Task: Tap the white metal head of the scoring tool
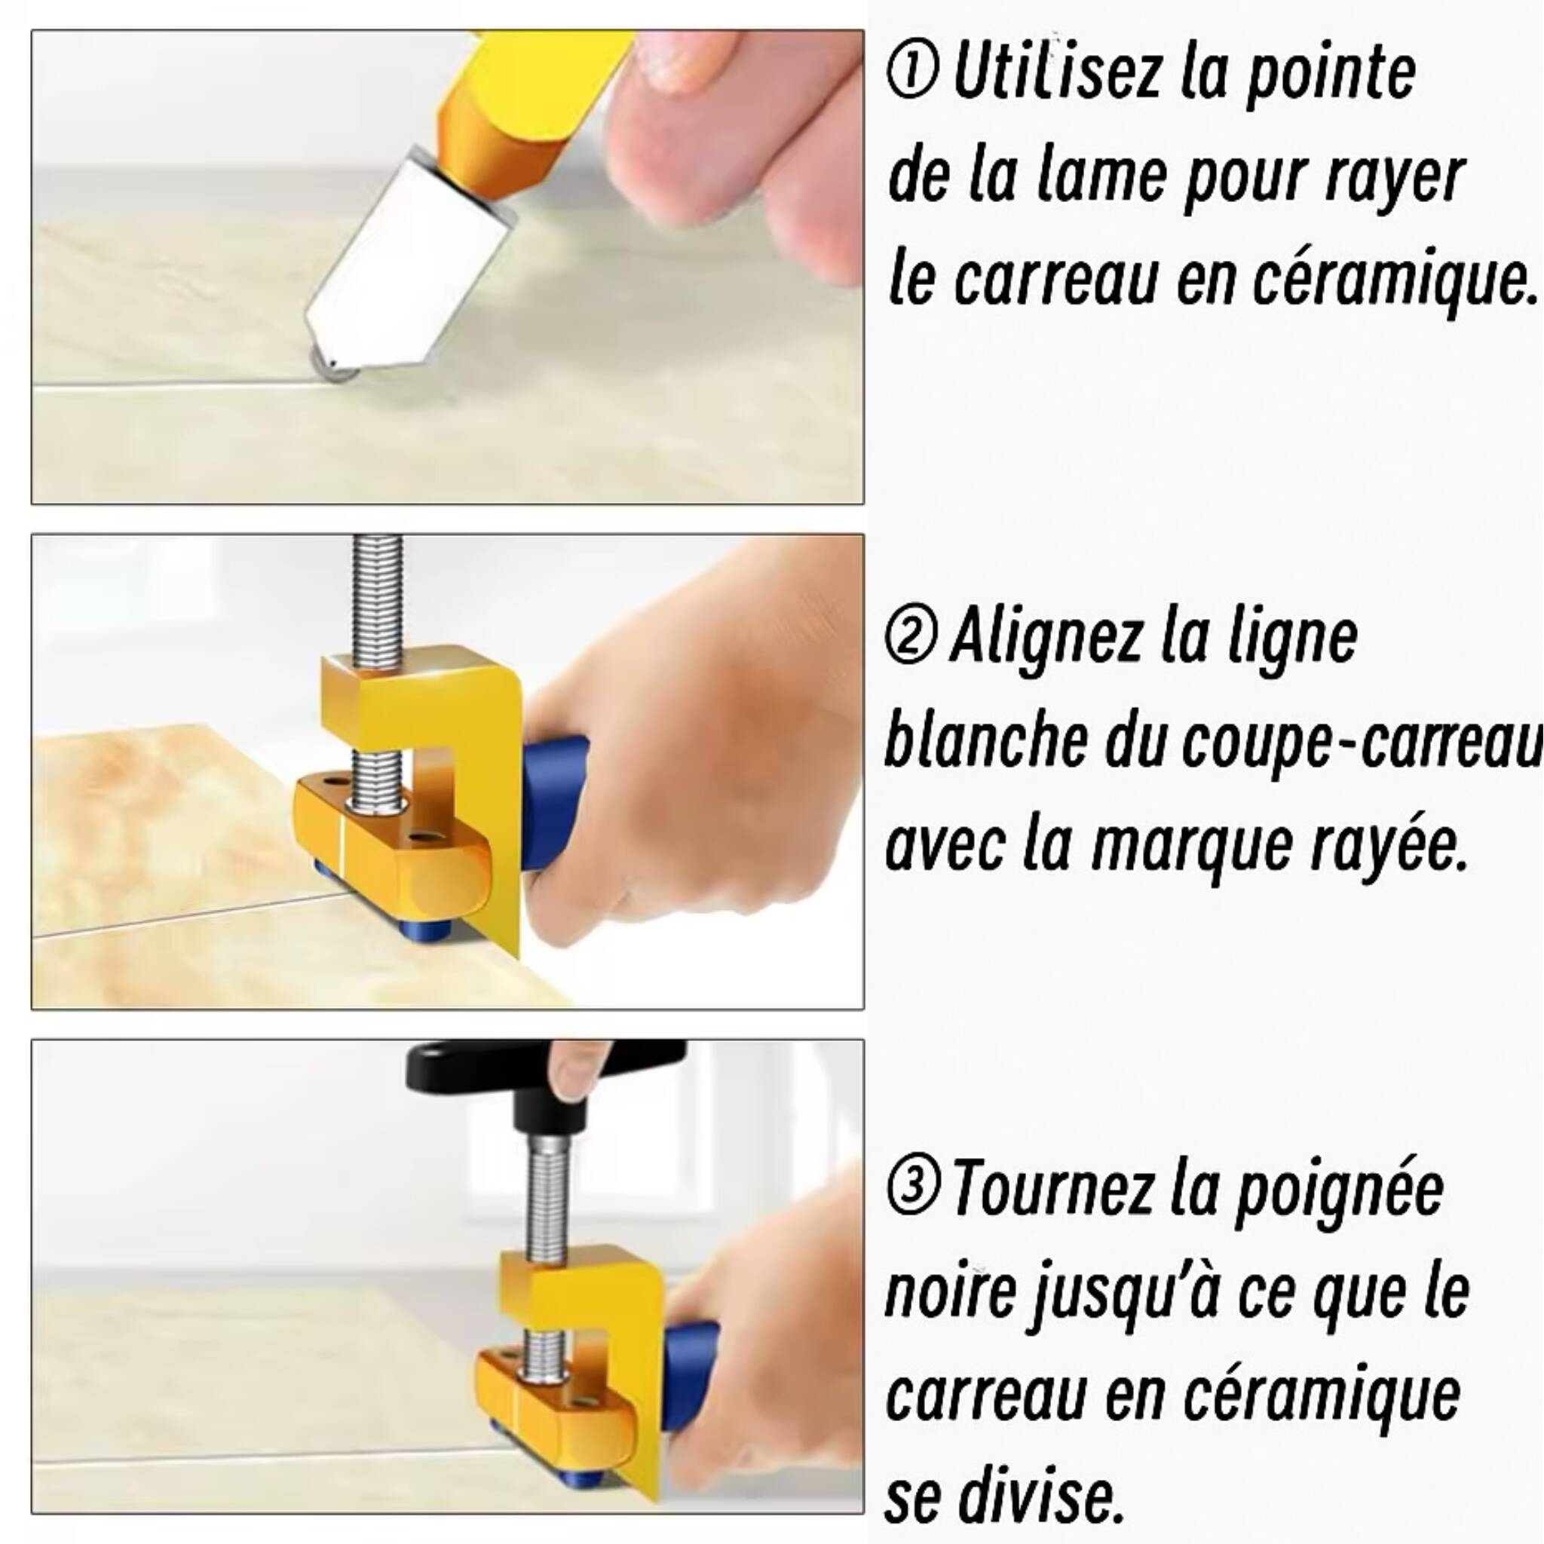(408, 256)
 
